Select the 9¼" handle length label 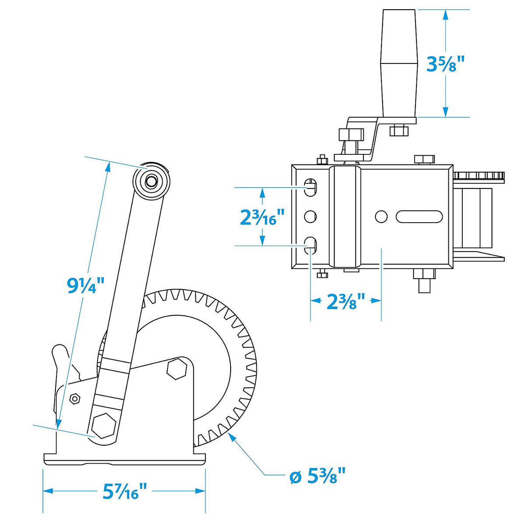[x=86, y=285]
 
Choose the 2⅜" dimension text [x=346, y=301]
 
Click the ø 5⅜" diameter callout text [x=318, y=476]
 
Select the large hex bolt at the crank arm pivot [x=104, y=425]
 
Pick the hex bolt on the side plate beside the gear [x=177, y=369]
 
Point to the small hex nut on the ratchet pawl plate [x=75, y=398]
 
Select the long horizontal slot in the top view [x=419, y=216]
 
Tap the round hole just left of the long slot [x=381, y=216]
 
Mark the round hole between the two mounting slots [x=310, y=216]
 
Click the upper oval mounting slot [x=311, y=187]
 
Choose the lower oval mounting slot [x=311, y=245]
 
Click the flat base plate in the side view [x=124, y=459]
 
